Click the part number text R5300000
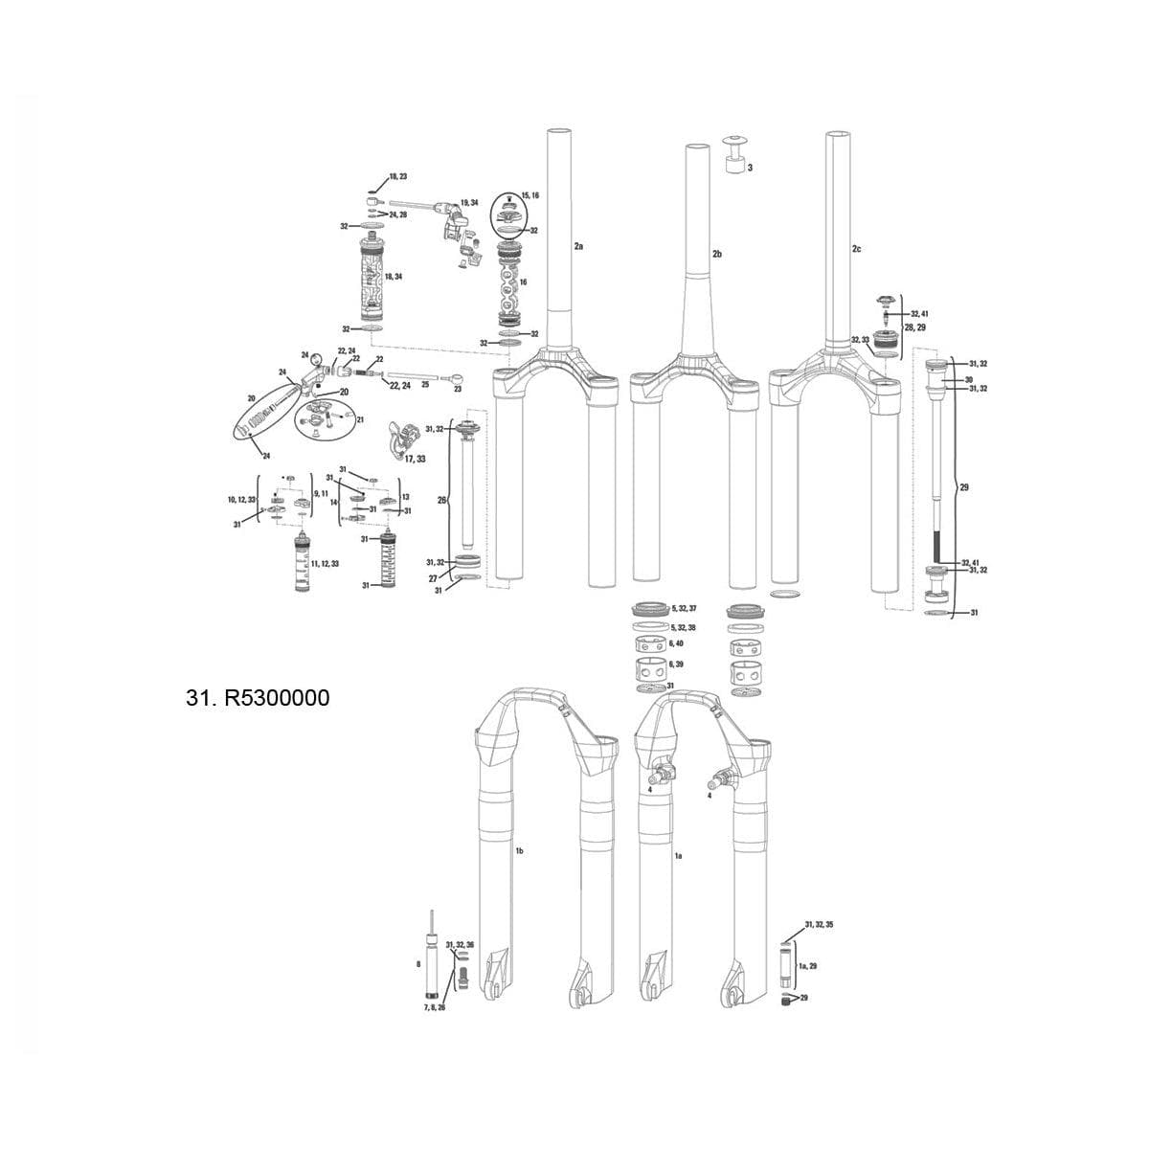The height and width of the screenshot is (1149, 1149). coord(259,698)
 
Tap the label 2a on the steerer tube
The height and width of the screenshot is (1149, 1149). coord(578,247)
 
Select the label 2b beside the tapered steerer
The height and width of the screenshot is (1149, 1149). coord(717,254)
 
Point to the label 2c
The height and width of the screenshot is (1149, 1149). coord(856,249)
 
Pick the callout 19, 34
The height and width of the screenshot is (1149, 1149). coord(469,203)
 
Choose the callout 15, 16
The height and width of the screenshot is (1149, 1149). coord(529,194)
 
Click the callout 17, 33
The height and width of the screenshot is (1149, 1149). coord(415,460)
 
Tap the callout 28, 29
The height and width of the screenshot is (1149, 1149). coord(915,327)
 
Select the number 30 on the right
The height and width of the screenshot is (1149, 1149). coord(969,379)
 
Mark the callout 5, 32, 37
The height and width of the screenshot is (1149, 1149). coord(685,609)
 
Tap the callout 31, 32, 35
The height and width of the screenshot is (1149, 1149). coord(819,925)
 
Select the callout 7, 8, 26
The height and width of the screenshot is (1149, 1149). coord(435,1008)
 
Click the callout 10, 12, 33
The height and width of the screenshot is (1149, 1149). coord(240,500)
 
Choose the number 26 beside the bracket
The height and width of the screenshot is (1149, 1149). coord(441,501)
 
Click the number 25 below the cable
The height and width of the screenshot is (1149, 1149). coord(425,384)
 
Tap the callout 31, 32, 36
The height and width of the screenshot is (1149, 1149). coord(460,944)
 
